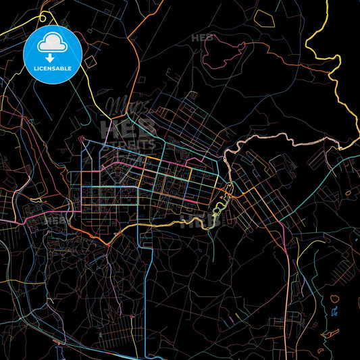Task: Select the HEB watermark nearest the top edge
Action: [201, 38]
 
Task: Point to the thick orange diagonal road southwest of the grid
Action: [95, 236]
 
